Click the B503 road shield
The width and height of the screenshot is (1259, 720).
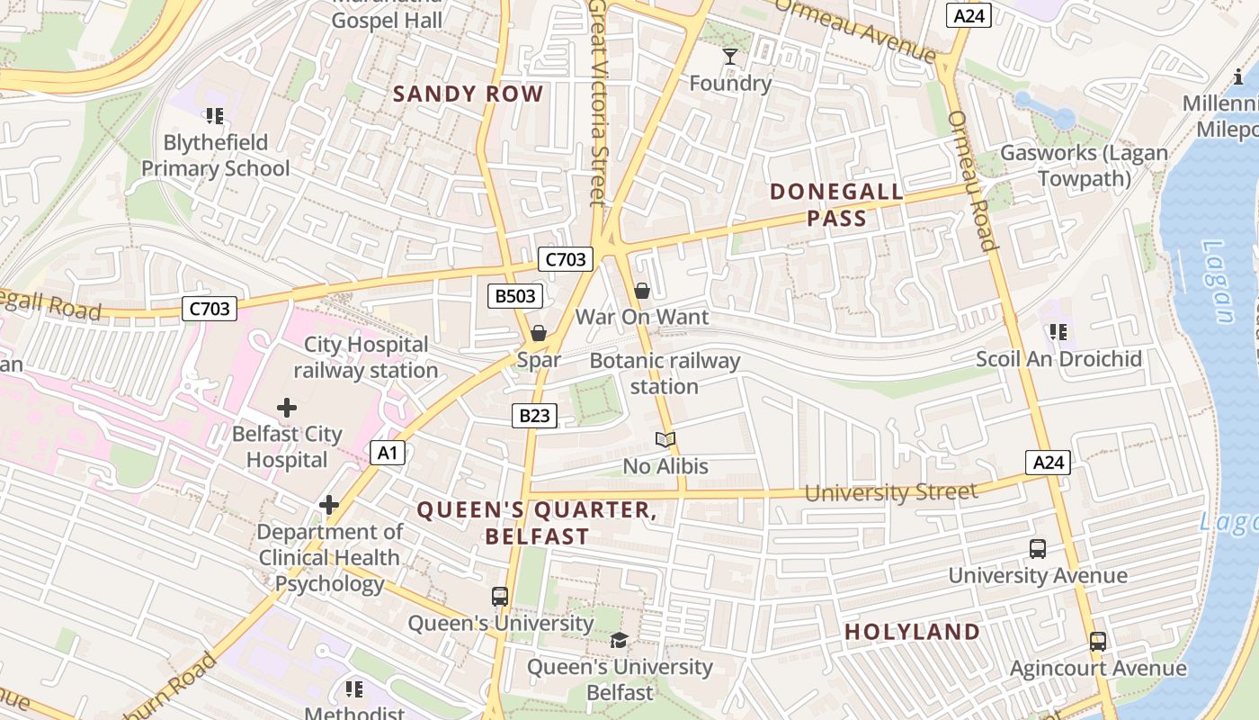coord(515,296)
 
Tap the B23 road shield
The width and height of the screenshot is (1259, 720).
coord(534,416)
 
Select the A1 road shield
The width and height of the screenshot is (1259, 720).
coord(386,453)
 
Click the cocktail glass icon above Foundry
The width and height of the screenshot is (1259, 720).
coord(730,58)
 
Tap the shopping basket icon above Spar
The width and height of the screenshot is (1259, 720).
coord(539,334)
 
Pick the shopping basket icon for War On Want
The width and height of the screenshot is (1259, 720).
coord(642,291)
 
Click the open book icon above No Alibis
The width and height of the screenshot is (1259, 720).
coord(665,440)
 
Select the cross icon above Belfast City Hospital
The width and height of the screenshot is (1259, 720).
coord(287,408)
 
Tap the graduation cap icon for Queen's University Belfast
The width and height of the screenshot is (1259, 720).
coord(619,641)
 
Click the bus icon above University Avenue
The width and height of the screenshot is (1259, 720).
coord(1037,549)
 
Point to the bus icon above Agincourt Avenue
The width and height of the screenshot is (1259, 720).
coord(1097,642)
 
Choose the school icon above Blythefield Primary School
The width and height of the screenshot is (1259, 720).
coord(214,116)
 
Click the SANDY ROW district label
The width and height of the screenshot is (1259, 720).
coord(469,94)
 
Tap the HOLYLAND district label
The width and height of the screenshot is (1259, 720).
coord(912,632)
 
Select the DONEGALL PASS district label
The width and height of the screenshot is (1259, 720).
coord(836,204)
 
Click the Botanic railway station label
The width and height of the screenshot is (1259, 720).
coord(665,373)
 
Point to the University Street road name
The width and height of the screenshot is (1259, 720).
coord(890,492)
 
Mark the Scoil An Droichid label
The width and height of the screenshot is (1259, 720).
coord(1058,359)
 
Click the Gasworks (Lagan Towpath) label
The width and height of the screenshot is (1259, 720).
coord(1084,166)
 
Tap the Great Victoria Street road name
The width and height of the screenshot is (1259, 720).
coord(598,103)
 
